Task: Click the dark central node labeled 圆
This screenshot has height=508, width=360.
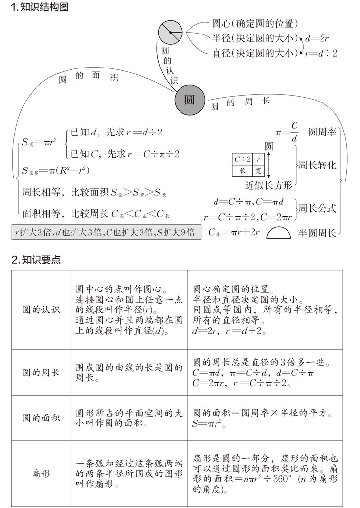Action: coord(189,100)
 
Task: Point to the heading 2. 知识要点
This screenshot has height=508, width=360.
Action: coord(36,260)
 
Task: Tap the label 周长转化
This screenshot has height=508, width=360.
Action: coord(317,165)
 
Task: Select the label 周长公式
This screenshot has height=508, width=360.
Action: coord(317,208)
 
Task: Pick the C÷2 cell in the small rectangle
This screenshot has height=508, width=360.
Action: coord(242,159)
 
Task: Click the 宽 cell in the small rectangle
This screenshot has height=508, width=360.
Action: coord(259,171)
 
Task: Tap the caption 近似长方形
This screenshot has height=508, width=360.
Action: coord(269,185)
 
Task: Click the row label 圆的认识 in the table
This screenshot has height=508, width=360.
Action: coord(41,310)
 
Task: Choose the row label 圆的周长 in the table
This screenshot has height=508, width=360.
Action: coord(41,373)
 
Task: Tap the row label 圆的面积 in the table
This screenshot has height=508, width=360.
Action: coord(41,418)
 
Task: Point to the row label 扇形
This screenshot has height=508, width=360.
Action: coord(41,474)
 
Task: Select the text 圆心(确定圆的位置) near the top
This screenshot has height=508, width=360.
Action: coord(255,23)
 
